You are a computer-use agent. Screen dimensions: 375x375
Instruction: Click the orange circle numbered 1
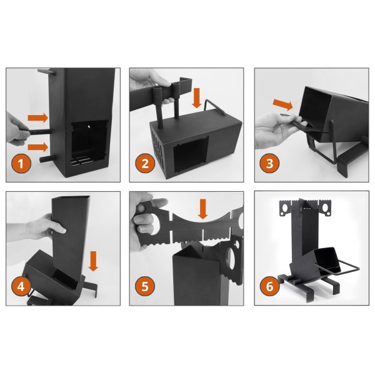tap(22, 165)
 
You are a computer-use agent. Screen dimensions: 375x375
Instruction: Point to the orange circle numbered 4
tap(22, 289)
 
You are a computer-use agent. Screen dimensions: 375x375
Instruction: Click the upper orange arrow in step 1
tap(37, 117)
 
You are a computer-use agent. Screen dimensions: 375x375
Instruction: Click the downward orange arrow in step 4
tap(93, 261)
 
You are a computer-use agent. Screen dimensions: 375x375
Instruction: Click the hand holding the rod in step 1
tap(16, 127)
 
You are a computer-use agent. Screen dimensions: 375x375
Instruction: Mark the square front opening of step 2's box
tap(191, 152)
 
